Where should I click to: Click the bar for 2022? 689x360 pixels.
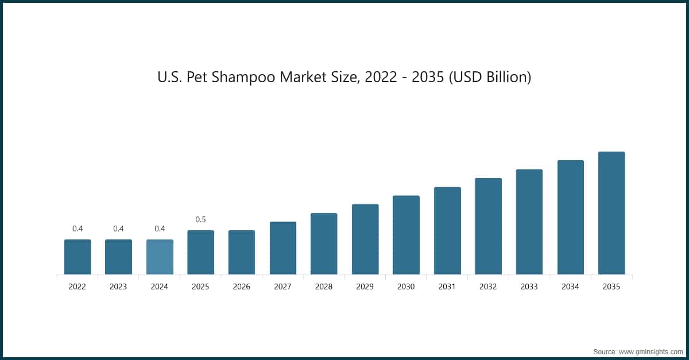[x=78, y=257]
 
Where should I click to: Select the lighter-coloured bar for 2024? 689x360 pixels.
[x=160, y=257]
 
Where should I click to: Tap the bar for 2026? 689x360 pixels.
[x=242, y=252]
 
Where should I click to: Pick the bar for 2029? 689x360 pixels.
[x=365, y=239]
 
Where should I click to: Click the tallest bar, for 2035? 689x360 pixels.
[x=611, y=213]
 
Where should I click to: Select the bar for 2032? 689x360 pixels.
[x=488, y=226]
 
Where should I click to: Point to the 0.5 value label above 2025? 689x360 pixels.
[x=200, y=219]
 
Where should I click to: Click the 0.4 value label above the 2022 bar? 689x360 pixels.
[x=78, y=229]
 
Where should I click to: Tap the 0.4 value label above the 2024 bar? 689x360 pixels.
[x=160, y=229]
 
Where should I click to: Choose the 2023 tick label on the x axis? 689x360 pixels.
[x=118, y=287]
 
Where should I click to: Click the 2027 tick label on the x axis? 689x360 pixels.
[x=282, y=287]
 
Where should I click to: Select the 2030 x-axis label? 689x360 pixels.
[x=406, y=287]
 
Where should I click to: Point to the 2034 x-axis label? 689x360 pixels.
[x=570, y=287]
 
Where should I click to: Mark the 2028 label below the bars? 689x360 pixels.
[x=324, y=287]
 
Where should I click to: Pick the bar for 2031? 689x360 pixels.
[x=447, y=231]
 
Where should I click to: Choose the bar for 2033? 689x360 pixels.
[x=529, y=222]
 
